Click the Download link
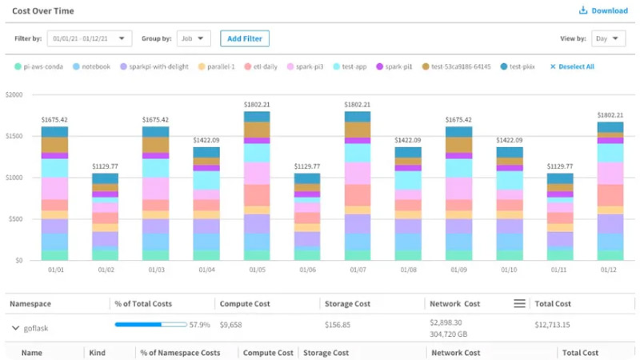(604, 10)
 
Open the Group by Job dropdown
(193, 38)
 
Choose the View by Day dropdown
(610, 38)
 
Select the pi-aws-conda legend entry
(41, 66)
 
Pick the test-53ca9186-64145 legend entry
(458, 66)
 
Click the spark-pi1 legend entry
(397, 66)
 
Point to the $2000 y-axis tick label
(13, 94)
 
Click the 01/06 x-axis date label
(307, 270)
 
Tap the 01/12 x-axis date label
(610, 270)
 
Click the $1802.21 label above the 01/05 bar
(257, 104)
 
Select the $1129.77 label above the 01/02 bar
(105, 166)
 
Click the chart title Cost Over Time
(44, 10)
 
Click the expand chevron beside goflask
(16, 326)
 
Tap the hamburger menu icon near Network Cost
(519, 303)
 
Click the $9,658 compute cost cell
(231, 326)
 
